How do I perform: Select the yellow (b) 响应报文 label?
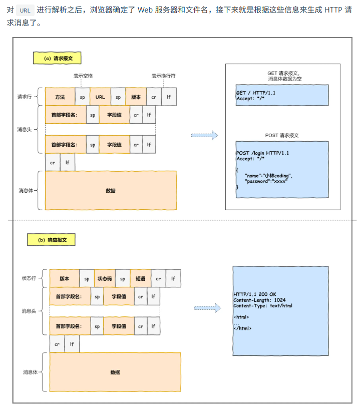[53, 240]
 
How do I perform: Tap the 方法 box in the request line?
[60, 97]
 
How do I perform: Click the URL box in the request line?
[100, 97]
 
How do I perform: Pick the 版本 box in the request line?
[136, 97]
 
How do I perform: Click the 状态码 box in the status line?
[104, 278]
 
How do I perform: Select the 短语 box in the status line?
[140, 278]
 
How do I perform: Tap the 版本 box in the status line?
[65, 278]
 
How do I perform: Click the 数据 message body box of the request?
[111, 190]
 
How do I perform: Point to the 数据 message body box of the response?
[115, 372]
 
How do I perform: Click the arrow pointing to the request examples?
[204, 135]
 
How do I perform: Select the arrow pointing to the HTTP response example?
[207, 308]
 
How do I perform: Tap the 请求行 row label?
[25, 97]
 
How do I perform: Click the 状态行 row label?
[29, 278]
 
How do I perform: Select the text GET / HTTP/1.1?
[255, 93]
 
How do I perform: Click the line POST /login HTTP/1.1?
[262, 153]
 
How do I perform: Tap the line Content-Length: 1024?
[259, 300]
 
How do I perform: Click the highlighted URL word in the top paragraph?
[26, 10]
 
